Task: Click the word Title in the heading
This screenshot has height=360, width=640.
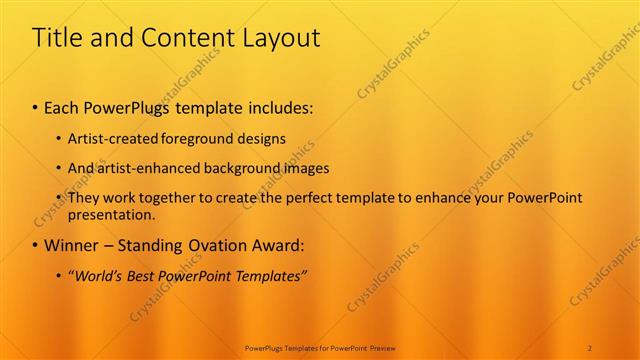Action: tap(55, 39)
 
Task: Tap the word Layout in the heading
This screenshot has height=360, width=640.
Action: tap(280, 39)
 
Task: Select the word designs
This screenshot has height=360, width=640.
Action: tap(258, 139)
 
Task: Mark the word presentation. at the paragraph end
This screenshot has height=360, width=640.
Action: tap(112, 214)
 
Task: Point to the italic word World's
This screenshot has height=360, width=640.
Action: tap(98, 275)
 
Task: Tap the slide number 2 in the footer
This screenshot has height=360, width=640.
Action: tap(590, 347)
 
